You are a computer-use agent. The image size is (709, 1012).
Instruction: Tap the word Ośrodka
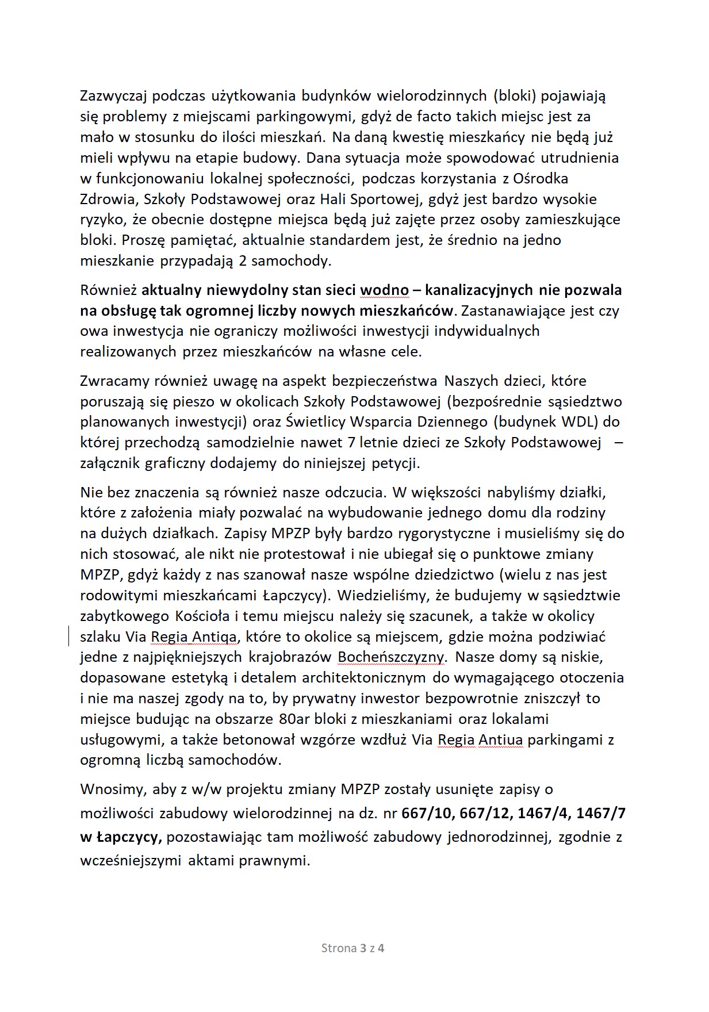(543, 178)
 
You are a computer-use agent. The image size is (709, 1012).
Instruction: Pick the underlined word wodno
(384, 290)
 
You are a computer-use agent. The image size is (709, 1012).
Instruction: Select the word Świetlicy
(315, 421)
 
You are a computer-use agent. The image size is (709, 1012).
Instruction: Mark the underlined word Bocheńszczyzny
(391, 657)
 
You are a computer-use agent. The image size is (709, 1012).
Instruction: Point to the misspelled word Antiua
(501, 739)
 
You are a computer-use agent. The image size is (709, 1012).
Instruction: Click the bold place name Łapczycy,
(121, 837)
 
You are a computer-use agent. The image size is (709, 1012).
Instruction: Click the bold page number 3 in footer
(363, 949)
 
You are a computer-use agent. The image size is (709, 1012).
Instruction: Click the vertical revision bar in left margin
(70, 637)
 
